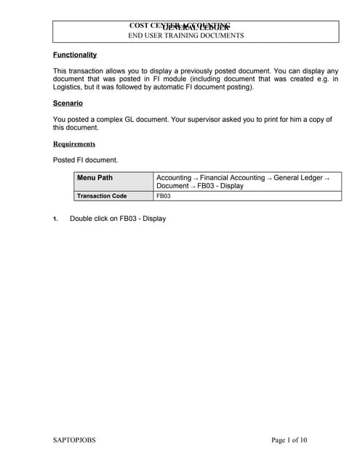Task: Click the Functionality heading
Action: (75, 54)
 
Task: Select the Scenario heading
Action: (68, 103)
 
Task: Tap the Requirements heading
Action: (73, 144)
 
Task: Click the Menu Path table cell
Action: (95, 178)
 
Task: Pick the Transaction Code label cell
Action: (102, 195)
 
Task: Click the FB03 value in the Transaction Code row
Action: (164, 195)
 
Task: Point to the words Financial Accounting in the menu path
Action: (232, 177)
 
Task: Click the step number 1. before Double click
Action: (55, 219)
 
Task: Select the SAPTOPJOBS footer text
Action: (74, 440)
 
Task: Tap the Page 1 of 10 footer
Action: (289, 440)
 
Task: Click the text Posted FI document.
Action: (85, 160)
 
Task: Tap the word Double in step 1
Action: (81, 219)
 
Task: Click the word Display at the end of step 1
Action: (154, 219)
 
